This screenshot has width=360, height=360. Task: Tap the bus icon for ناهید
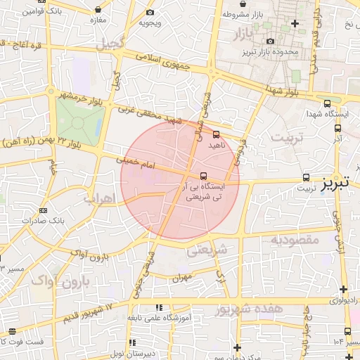[216, 134]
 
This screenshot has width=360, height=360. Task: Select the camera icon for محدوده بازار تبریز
[271, 41]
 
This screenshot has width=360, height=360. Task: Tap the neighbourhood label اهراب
[98, 198]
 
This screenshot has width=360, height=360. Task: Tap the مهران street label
[182, 276]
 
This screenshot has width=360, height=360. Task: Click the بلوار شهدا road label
[284, 89]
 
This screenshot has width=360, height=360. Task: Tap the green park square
[79, 121]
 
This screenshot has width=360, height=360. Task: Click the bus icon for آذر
[337, 128]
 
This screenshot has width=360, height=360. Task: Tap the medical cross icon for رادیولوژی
[343, 289]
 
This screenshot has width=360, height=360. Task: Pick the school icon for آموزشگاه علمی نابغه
[161, 307]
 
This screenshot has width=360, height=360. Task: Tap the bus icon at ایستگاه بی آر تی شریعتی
[203, 176]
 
